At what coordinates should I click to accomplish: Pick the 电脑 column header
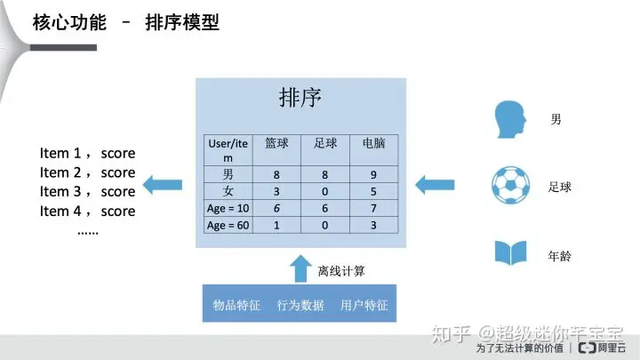[x=373, y=142]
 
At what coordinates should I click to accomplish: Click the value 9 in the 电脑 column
[x=373, y=175]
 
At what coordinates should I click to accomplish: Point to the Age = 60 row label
[x=228, y=226]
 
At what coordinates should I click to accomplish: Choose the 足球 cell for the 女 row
[x=324, y=192]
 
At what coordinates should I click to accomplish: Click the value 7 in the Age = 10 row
[x=373, y=209]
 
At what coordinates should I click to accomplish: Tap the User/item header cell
[x=228, y=149]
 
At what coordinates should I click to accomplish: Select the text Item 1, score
[x=87, y=154]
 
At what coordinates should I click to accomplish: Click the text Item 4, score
[x=87, y=212]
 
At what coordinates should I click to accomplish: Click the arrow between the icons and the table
[x=436, y=185]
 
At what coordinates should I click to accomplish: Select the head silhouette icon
[x=510, y=119]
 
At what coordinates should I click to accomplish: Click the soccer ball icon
[x=510, y=185]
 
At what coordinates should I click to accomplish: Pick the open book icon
[x=510, y=253]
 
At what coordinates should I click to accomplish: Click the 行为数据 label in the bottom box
[x=300, y=305]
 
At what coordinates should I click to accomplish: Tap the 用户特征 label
[x=364, y=305]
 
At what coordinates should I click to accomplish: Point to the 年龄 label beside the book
[x=560, y=257]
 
